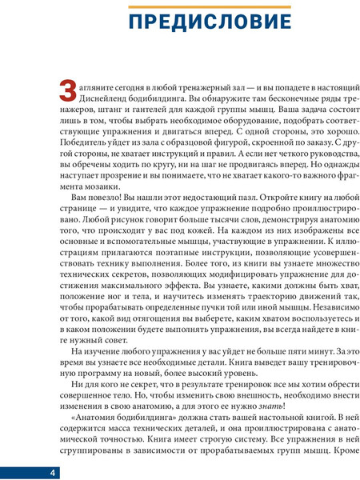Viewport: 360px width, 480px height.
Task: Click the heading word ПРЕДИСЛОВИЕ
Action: [210, 19]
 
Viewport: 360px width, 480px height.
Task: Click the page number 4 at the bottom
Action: [53, 473]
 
